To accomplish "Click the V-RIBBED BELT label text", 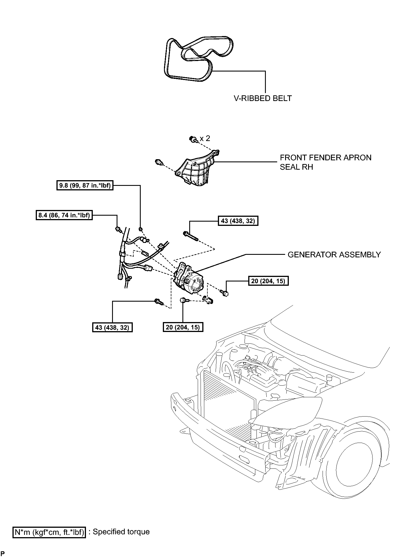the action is pos(263,98).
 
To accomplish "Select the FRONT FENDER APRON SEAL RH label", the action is pos(325,162).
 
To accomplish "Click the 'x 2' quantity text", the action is pos(205,138).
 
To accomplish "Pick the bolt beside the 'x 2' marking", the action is pos(193,139).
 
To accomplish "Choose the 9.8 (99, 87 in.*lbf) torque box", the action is pos(85,186).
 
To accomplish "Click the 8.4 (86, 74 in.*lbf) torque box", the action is pos(64,215).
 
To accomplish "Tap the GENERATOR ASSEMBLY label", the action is pos(334,255).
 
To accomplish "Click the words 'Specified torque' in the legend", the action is pos(121,531).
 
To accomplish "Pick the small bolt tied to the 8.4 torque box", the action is pos(118,229).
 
